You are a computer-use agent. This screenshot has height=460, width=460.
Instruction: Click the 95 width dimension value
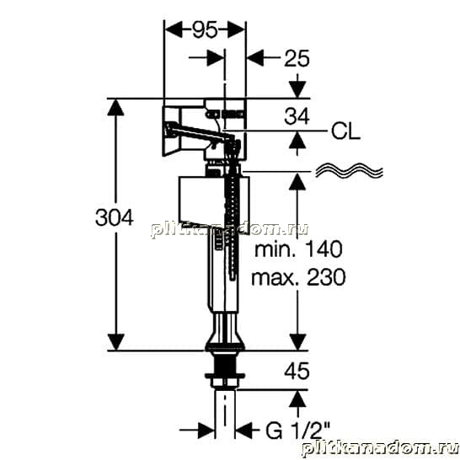[205, 29]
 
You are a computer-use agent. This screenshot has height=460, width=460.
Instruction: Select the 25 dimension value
[297, 58]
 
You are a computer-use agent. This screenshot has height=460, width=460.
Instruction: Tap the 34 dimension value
[297, 116]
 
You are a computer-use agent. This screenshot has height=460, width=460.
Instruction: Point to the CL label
[345, 131]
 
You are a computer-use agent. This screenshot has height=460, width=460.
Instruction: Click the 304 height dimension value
[115, 217]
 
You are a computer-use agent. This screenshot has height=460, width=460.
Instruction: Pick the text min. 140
[298, 249]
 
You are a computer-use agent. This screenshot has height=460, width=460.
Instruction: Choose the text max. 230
[298, 277]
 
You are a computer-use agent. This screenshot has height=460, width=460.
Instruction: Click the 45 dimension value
[297, 371]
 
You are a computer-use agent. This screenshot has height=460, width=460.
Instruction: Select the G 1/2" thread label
[297, 431]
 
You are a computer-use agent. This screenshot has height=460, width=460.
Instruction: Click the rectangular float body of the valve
[214, 203]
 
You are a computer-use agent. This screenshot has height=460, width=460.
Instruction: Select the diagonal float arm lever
[200, 131]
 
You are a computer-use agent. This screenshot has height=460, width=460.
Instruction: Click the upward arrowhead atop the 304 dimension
[116, 107]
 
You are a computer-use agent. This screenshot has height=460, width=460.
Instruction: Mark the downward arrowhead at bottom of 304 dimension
[116, 342]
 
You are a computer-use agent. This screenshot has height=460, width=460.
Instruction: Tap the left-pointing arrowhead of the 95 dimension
[174, 29]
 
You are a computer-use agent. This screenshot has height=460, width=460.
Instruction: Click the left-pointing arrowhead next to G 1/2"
[244, 431]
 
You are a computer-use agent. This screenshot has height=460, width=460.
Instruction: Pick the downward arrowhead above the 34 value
[297, 89]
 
